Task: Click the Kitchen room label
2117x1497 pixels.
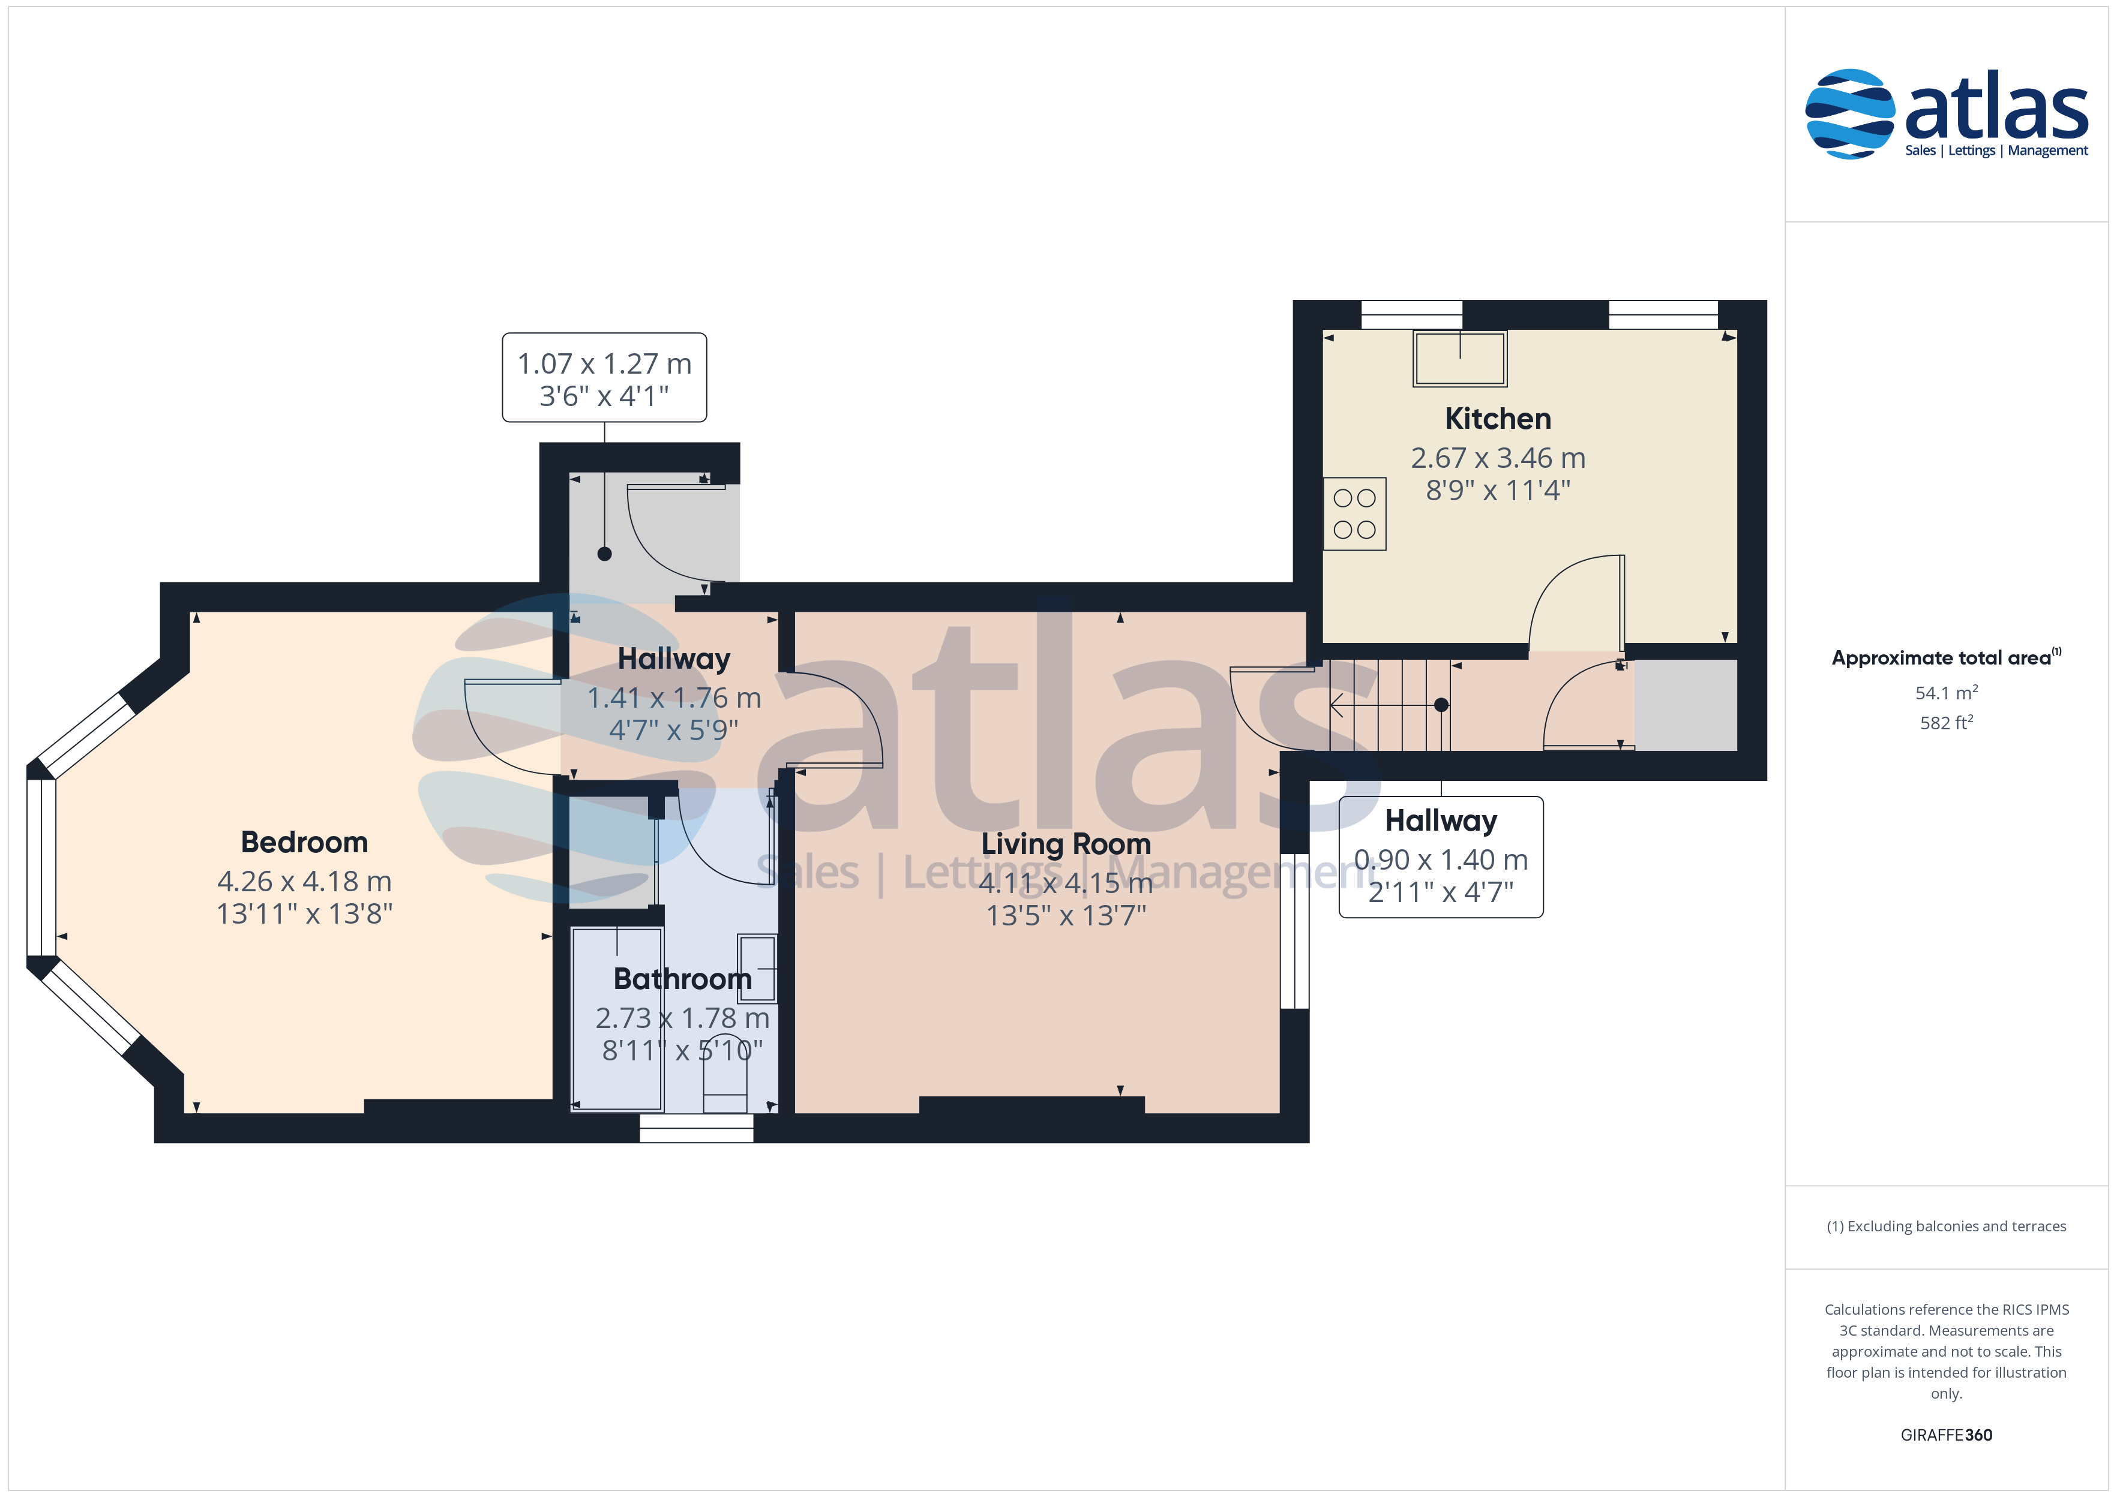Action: click(1497, 419)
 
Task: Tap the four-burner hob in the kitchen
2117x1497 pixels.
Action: click(1354, 513)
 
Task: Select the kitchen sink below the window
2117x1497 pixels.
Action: click(1459, 359)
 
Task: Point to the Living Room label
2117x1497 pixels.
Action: click(1066, 844)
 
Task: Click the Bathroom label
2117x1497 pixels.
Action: click(682, 978)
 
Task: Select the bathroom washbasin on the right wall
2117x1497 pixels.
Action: click(757, 968)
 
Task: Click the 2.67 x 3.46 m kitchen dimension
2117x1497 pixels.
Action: click(1497, 458)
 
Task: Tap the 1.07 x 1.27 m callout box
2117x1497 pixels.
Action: click(604, 378)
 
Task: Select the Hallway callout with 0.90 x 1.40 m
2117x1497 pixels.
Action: click(1441, 857)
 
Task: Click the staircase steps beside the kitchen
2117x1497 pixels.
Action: click(1389, 705)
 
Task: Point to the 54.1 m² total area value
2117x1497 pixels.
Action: click(1947, 692)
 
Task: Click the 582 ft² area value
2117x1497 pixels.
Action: click(1947, 723)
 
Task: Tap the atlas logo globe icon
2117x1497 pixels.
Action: click(1849, 113)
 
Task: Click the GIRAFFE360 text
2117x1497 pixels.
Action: click(1947, 1435)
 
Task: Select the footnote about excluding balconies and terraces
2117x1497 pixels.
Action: click(1947, 1226)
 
